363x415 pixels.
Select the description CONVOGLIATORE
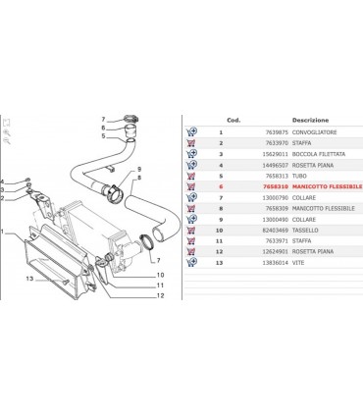tap(319, 130)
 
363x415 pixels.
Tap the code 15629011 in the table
tap(273, 153)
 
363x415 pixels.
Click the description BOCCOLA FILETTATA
tap(323, 153)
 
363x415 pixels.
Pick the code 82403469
tap(273, 229)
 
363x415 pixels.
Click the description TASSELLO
tap(311, 229)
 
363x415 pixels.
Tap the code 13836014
tap(273, 262)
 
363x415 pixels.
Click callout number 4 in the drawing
tap(4, 181)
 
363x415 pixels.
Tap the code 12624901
tap(273, 251)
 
